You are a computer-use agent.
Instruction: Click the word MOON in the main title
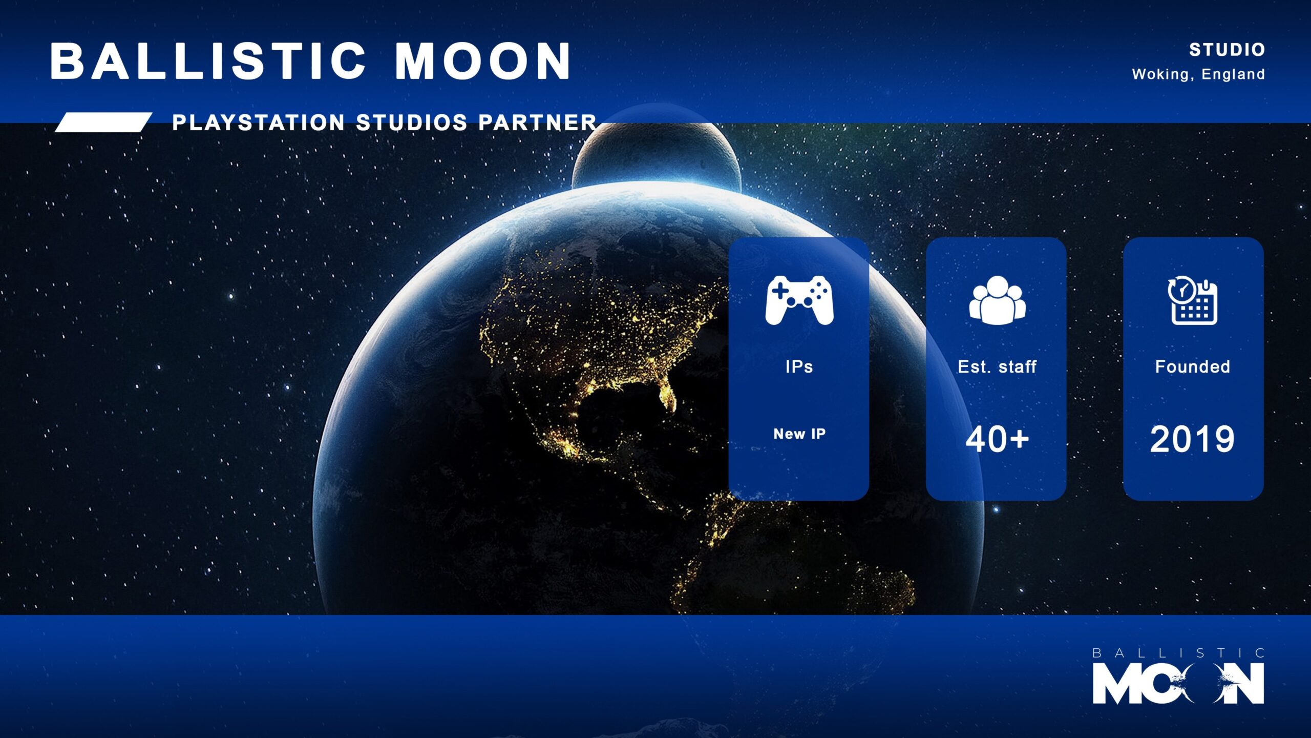coord(483,61)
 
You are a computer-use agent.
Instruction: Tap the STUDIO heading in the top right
coord(1227,50)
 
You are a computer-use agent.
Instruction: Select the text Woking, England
coord(1198,74)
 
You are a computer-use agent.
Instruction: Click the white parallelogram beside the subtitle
coord(103,122)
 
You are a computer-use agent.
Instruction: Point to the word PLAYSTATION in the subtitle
coord(259,122)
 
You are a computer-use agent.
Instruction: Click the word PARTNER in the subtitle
coord(538,122)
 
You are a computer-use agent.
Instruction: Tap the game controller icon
coord(799,300)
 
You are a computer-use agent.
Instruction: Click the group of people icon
coord(997,300)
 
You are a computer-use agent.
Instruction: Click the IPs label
coord(799,366)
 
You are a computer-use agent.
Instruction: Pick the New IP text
coord(799,434)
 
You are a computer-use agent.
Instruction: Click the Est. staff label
coord(997,366)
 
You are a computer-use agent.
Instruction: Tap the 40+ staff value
coord(997,439)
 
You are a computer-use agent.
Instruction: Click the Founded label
coord(1193,366)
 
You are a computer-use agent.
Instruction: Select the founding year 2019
coord(1193,439)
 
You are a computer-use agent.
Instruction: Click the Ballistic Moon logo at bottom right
coord(1178,676)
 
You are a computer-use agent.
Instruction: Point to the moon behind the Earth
coord(656,154)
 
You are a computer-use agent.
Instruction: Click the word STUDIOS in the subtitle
coord(412,122)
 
